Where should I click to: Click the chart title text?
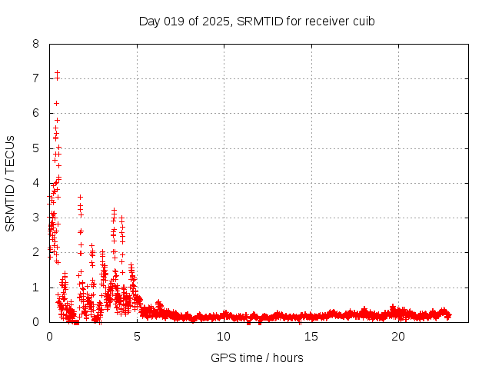point(257,21)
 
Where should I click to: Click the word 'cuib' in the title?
point(363,21)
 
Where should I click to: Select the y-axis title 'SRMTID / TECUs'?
point(11,183)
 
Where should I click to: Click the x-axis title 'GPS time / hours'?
point(257,357)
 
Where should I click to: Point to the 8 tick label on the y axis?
point(36,44)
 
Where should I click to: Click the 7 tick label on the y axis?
point(36,78)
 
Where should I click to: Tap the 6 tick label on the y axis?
point(36,113)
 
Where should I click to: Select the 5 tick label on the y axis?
point(36,148)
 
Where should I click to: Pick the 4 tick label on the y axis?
point(36,183)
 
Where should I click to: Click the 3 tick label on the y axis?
point(36,218)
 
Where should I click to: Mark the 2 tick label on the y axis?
point(36,252)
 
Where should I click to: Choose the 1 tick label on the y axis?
point(36,288)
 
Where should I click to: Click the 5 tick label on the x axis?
point(137,336)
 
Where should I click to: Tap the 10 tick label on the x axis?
point(224,336)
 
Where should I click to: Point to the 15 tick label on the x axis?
point(311,336)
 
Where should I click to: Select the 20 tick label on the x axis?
point(398,336)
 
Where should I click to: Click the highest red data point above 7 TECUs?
point(57,73)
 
